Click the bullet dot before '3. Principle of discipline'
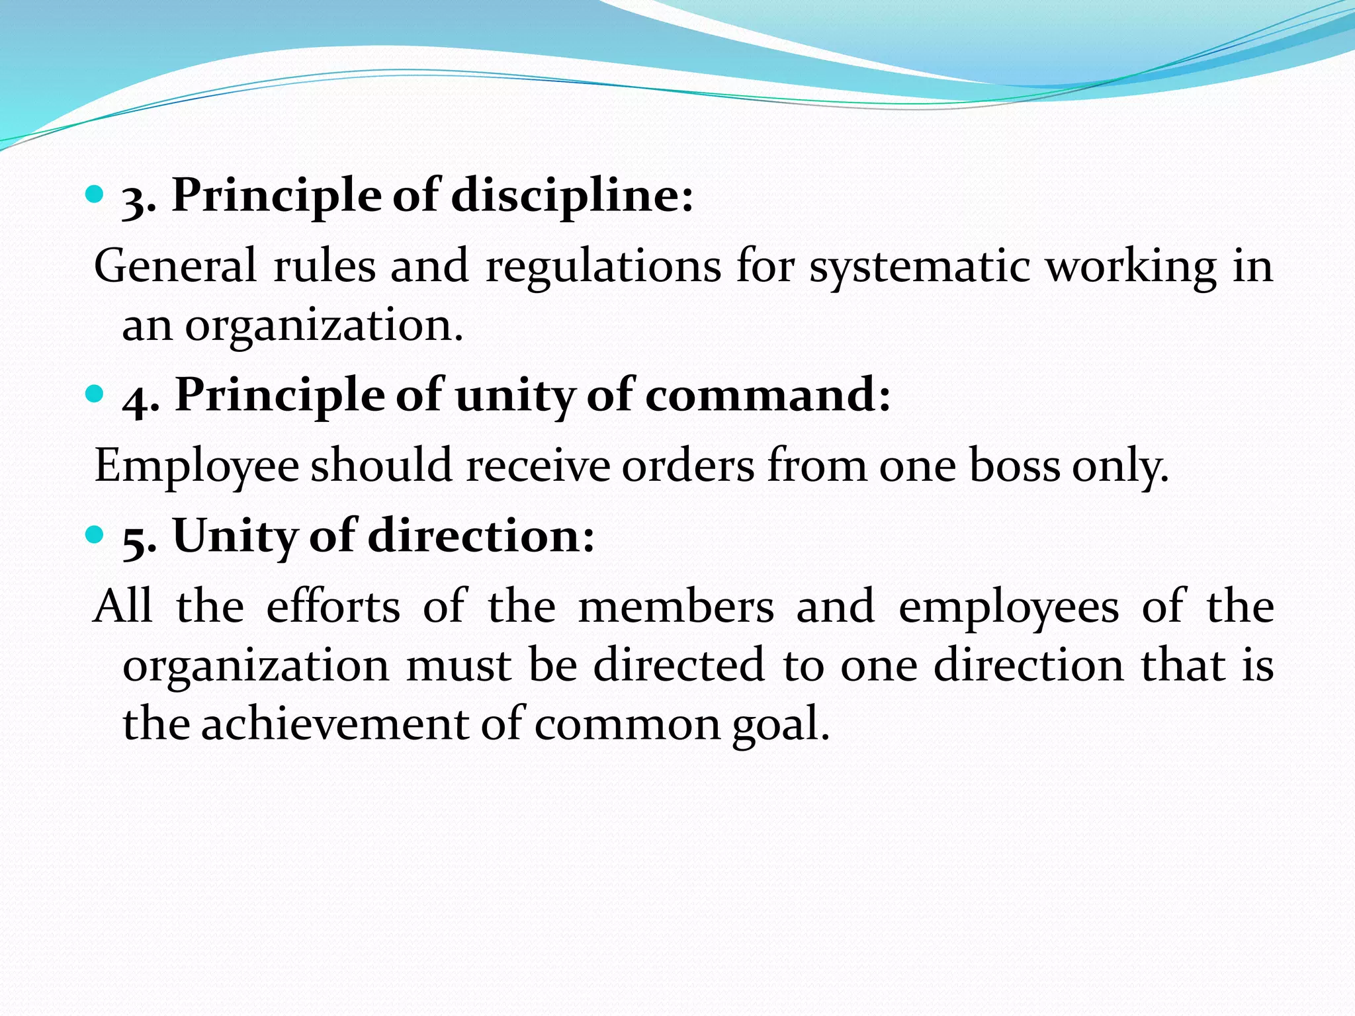(x=95, y=194)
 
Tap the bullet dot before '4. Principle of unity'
(x=95, y=394)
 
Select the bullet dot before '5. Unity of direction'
(x=95, y=534)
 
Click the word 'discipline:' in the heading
(x=572, y=196)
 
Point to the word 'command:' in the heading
(x=767, y=396)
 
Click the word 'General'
(x=175, y=267)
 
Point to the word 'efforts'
(x=333, y=606)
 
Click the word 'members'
(x=676, y=606)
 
